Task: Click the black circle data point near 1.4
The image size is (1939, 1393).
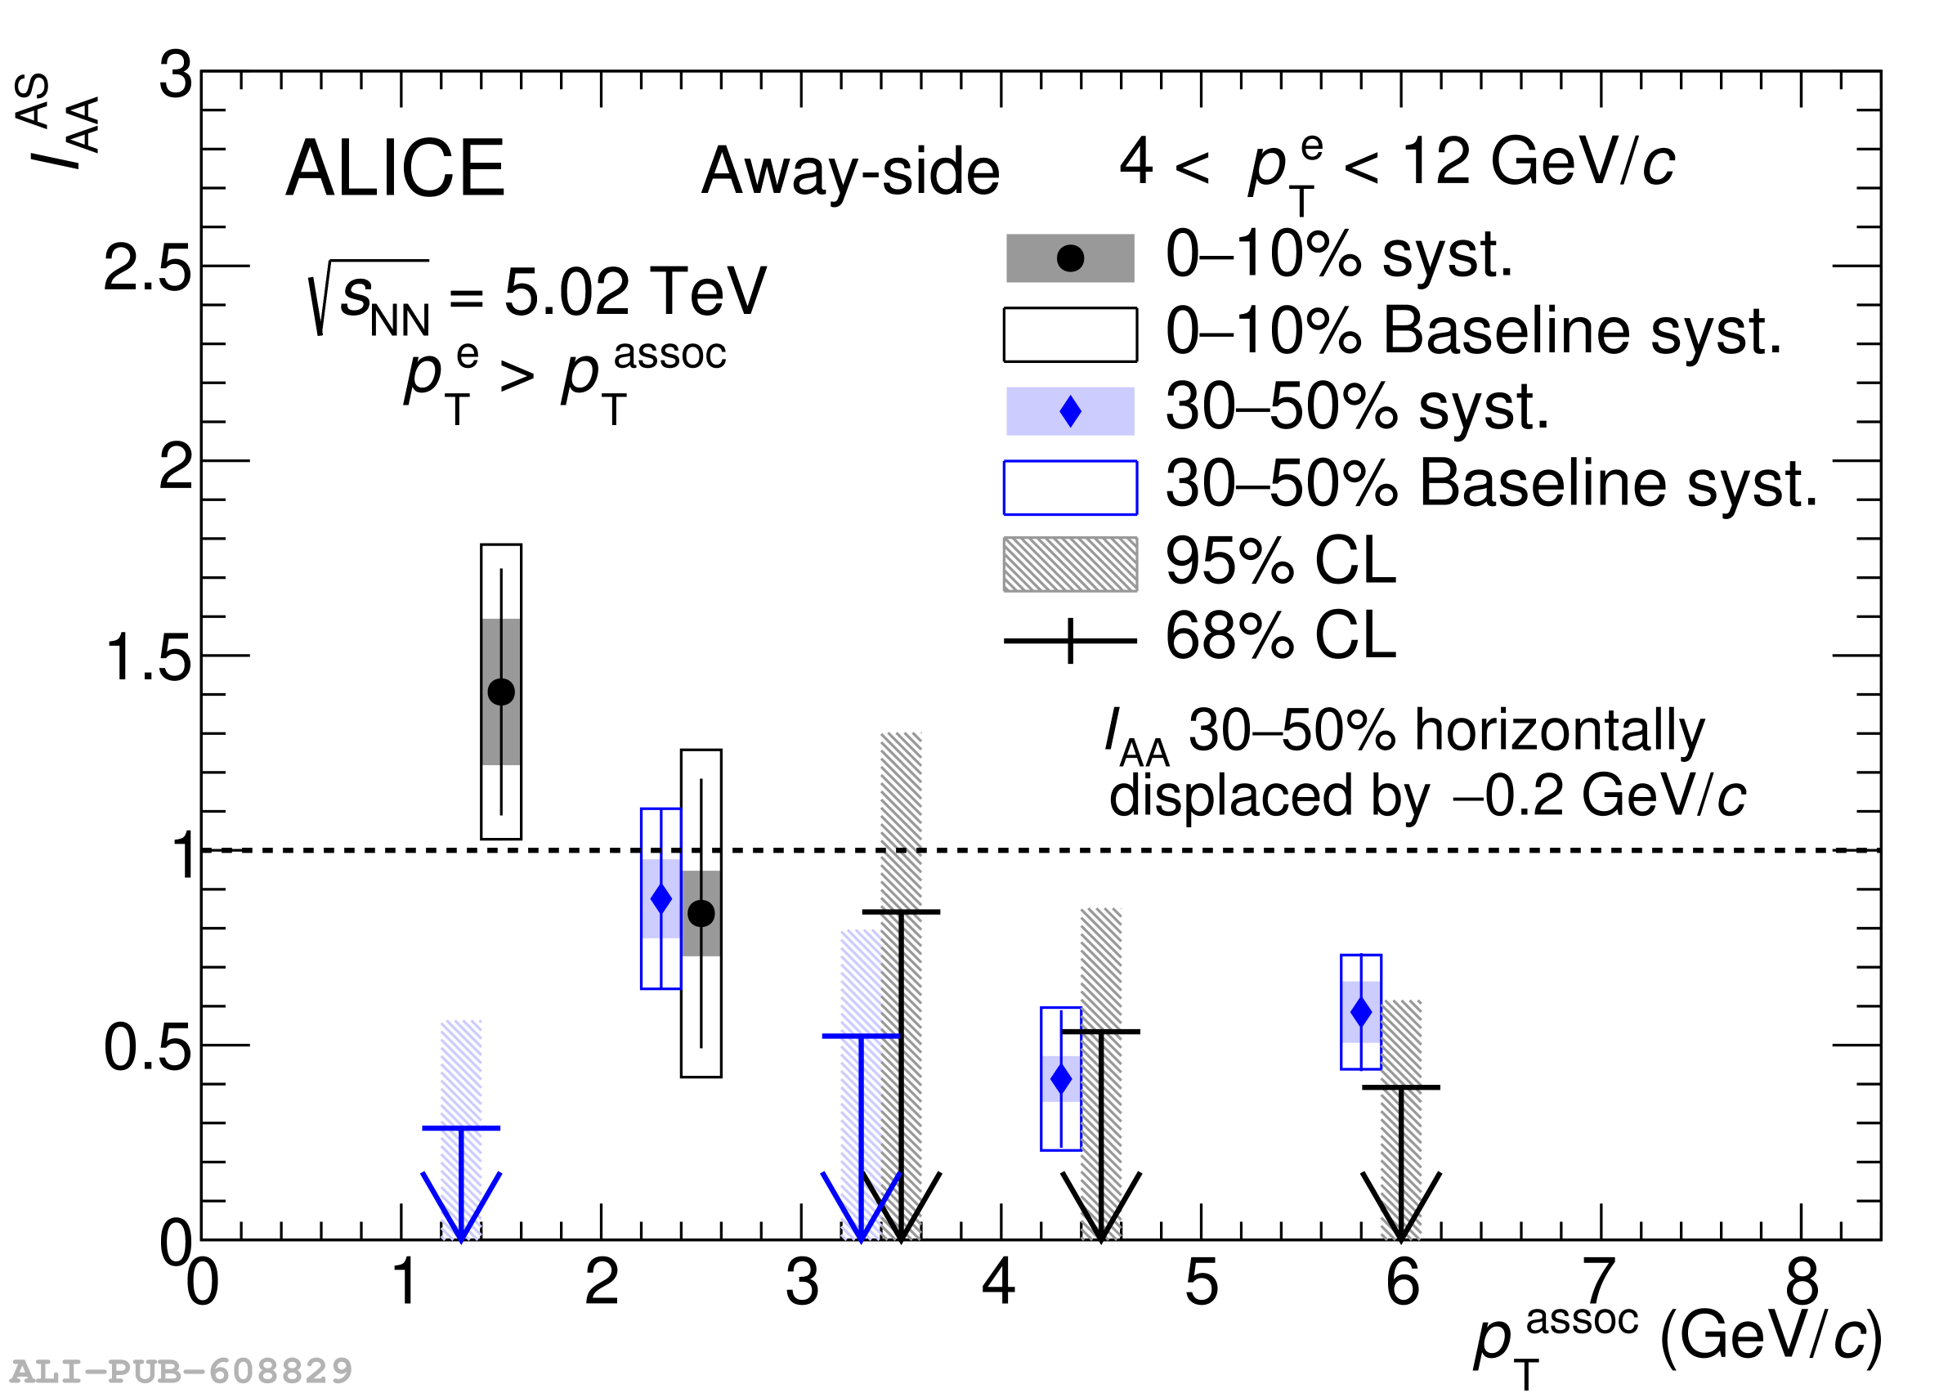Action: click(x=501, y=692)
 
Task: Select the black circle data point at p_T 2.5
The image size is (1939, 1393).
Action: click(x=701, y=913)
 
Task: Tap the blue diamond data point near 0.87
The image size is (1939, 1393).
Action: click(x=661, y=898)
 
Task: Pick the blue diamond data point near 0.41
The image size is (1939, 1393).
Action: click(x=1061, y=1079)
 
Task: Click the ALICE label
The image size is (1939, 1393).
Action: click(x=395, y=169)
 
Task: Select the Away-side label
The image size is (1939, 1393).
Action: click(x=850, y=171)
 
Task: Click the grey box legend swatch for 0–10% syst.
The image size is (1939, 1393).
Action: click(x=1069, y=258)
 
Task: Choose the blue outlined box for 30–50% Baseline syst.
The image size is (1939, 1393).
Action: click(x=1069, y=488)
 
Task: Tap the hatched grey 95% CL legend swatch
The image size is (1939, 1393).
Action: click(x=1069, y=564)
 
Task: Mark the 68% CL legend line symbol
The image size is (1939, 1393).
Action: click(x=1069, y=640)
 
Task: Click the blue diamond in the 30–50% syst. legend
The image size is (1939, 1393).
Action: click(x=1069, y=411)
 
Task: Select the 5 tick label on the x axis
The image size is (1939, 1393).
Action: click(x=1201, y=1283)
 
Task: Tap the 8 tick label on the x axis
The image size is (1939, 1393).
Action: click(x=1802, y=1283)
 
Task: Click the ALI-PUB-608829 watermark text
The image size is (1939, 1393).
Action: click(x=181, y=1372)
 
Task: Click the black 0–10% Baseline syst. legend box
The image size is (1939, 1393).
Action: click(x=1069, y=335)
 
